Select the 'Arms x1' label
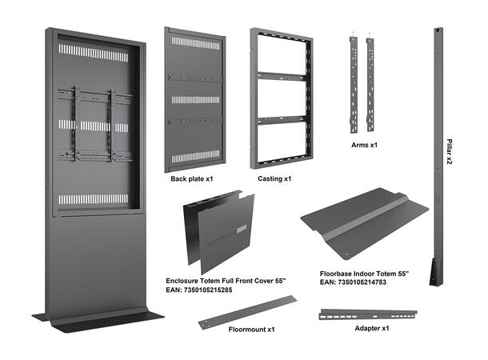pyautogui.click(x=364, y=146)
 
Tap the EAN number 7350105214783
pyautogui.click(x=353, y=282)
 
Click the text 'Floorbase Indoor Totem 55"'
pyautogui.click(x=364, y=274)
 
